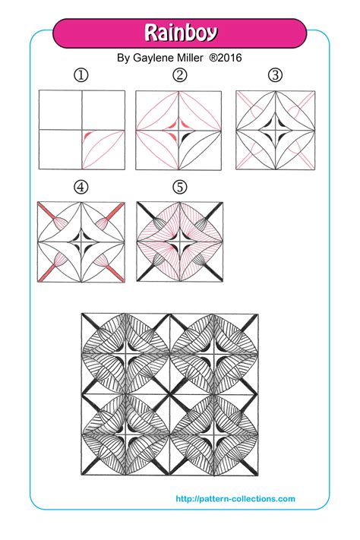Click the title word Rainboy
pyautogui.click(x=181, y=33)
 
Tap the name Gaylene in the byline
pyautogui.click(x=155, y=57)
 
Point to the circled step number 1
pyautogui.click(x=81, y=74)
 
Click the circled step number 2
pyautogui.click(x=179, y=74)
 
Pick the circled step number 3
pyautogui.click(x=275, y=74)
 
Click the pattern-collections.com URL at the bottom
pyautogui.click(x=235, y=499)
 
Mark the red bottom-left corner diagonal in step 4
pyautogui.click(x=46, y=276)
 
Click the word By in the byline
pyautogui.click(x=125, y=57)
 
